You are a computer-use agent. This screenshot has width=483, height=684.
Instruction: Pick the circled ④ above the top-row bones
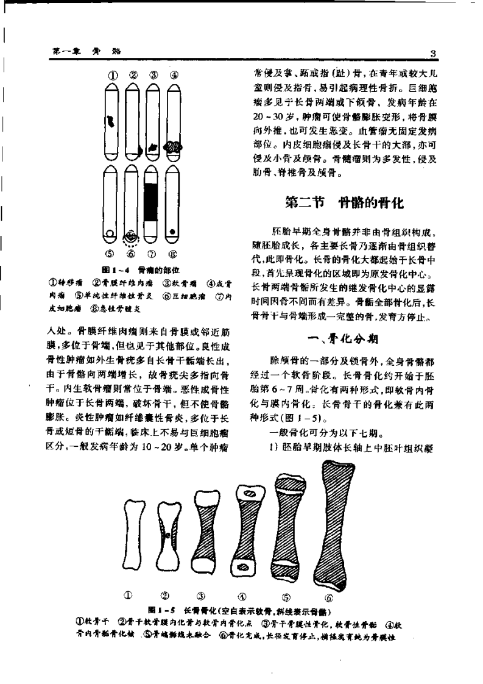coord(175,76)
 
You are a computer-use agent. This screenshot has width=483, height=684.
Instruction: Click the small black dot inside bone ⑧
coord(173,232)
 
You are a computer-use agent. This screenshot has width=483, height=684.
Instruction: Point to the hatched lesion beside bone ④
coord(174,147)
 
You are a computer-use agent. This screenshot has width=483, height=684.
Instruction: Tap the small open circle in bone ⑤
coord(110,233)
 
